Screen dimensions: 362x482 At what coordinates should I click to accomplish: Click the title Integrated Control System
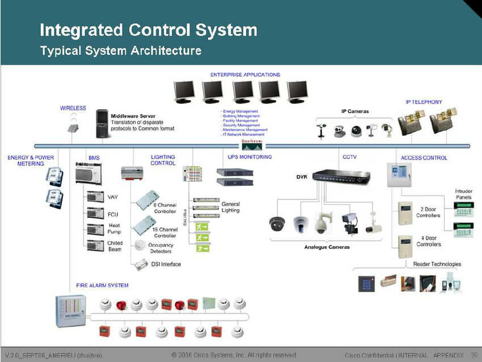click(x=149, y=30)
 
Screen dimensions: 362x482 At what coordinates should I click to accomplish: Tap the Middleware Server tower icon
click(x=102, y=124)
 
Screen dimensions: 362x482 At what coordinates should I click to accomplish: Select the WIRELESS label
click(x=73, y=108)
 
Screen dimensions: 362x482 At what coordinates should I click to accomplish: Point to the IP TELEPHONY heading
click(x=424, y=102)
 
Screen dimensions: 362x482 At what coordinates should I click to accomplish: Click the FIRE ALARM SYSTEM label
click(x=102, y=285)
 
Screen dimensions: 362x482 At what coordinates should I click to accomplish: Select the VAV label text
click(x=113, y=197)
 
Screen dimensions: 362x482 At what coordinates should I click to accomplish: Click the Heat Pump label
click(x=114, y=228)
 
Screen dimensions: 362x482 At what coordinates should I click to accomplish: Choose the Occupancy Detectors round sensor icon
click(x=139, y=245)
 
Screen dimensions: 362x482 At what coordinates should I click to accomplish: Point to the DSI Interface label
click(x=166, y=264)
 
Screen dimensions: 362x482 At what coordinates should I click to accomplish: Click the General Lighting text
click(x=230, y=207)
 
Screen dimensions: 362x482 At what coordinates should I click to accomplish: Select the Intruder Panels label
click(x=463, y=194)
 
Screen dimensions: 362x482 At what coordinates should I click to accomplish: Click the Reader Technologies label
click(x=437, y=264)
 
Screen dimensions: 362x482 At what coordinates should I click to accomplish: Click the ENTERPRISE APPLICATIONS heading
click(x=245, y=74)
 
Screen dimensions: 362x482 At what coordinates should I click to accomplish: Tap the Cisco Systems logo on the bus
click(x=253, y=144)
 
